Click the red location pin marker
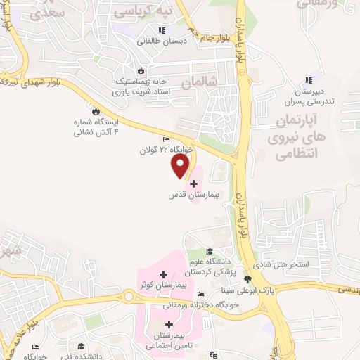[x=181, y=165]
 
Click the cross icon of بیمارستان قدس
[x=194, y=184]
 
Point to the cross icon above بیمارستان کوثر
[x=164, y=274]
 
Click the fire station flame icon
[x=96, y=110]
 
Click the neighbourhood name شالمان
[x=196, y=84]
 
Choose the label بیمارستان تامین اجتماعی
[x=165, y=340]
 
